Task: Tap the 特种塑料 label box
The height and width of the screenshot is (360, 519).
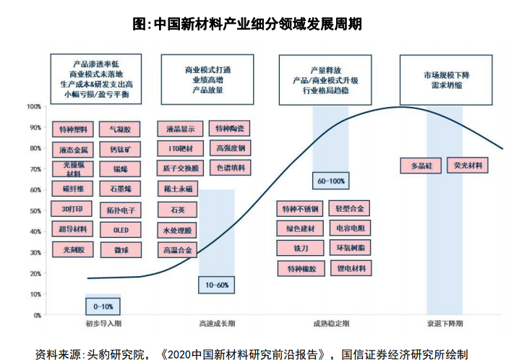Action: coord(72,129)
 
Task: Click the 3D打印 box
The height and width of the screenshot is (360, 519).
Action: coord(72,210)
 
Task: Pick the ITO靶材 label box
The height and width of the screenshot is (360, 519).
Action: coord(179,149)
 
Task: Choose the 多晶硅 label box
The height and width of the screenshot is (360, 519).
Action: coord(421,166)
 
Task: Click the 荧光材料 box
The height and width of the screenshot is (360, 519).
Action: coord(467,166)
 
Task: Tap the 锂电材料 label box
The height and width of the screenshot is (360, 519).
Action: coord(351,268)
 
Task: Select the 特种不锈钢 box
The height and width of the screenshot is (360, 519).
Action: coord(301,209)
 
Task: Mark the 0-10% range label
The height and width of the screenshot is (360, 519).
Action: coord(103,306)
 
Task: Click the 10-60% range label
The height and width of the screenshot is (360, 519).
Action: coord(217,286)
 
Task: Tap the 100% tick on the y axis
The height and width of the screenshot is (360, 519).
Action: coord(33,107)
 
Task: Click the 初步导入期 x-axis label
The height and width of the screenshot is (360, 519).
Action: coord(103,323)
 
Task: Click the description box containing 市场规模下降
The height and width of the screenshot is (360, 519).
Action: coord(447,80)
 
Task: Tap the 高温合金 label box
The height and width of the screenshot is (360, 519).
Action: coord(179,250)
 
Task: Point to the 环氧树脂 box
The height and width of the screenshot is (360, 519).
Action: coord(351,248)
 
